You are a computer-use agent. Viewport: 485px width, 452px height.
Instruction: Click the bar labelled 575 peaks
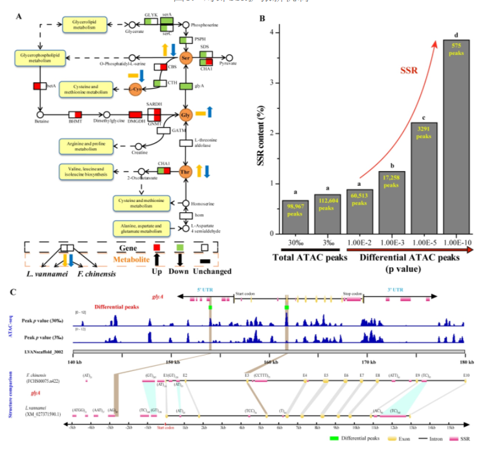[x=456, y=136]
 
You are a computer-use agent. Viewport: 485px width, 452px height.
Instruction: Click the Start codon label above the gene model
[x=246, y=293]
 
